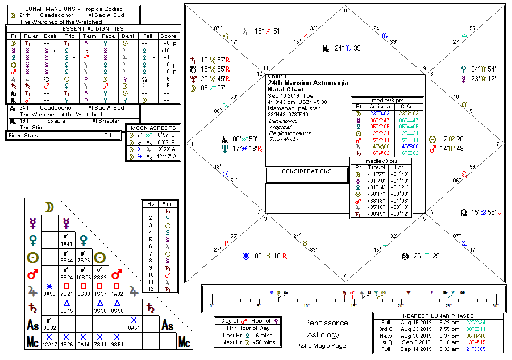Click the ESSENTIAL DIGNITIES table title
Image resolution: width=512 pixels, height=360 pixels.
(93, 28)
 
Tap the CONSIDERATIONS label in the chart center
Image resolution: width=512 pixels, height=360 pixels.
(306, 171)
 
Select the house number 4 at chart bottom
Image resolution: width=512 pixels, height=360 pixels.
(346, 277)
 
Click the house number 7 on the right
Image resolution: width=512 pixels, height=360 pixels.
(498, 144)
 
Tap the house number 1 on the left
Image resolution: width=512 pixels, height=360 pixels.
(192, 144)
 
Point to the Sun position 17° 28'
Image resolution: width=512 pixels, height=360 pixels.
(453, 139)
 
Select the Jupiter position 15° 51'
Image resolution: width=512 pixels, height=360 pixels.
(268, 31)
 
